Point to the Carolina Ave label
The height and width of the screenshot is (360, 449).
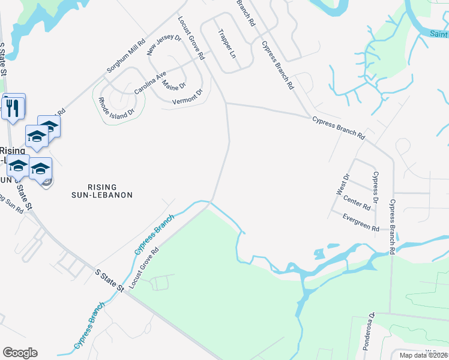(x=149, y=83)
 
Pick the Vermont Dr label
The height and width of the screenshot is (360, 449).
(x=187, y=97)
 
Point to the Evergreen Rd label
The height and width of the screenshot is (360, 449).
(x=361, y=222)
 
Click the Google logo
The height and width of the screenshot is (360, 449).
(x=20, y=353)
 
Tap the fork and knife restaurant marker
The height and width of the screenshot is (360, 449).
(x=13, y=107)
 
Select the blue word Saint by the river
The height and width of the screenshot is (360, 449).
(x=439, y=34)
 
